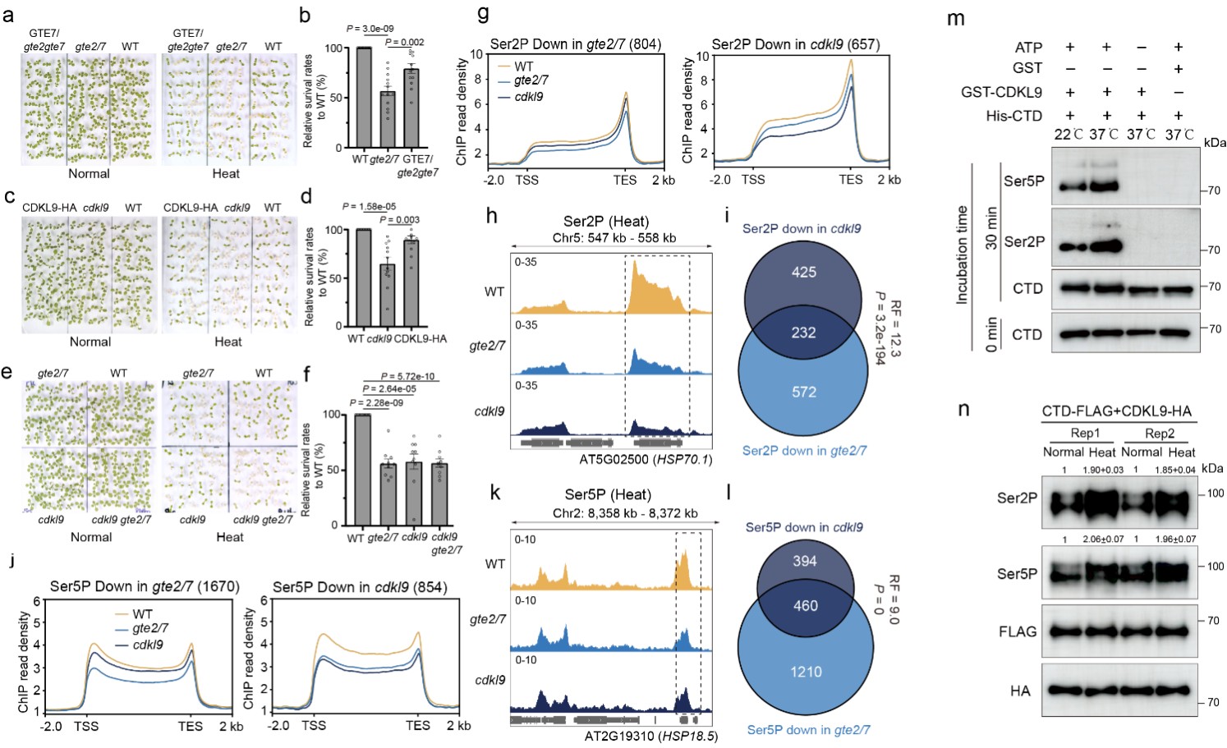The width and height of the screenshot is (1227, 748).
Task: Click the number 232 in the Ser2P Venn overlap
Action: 803,333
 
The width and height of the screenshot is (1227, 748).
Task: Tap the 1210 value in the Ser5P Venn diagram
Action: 806,672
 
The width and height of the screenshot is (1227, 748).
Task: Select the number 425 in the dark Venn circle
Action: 803,272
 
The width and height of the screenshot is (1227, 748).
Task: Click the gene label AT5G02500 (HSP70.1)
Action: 646,460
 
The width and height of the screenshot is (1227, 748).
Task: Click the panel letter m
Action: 955,18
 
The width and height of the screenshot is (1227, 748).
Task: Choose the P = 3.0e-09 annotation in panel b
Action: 370,29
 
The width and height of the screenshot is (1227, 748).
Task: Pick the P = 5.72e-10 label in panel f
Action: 407,377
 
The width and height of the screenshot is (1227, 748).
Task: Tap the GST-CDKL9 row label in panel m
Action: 1001,92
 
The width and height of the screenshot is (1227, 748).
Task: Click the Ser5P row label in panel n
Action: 1017,574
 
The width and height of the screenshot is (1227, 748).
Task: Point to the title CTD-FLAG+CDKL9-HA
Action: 1116,411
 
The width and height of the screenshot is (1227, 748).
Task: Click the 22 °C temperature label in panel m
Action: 1068,135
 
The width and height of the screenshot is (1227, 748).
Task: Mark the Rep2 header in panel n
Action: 1159,434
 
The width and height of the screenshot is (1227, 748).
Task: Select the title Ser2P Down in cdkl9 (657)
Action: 795,44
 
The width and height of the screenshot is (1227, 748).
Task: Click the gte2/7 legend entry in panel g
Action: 531,80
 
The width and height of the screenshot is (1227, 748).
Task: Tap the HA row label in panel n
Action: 1020,691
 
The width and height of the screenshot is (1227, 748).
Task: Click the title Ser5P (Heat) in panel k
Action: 608,494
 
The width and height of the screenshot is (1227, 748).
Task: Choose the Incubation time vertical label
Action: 962,255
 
